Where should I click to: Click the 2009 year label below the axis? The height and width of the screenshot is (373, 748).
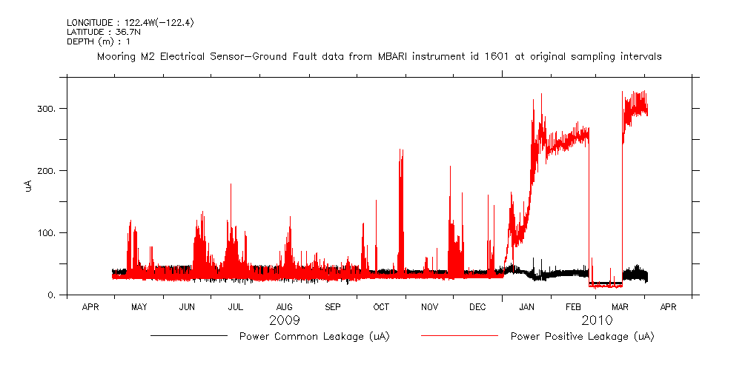pos(284,320)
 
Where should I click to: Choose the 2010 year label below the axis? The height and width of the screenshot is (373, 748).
pos(597,320)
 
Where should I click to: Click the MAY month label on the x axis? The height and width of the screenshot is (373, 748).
pos(139,306)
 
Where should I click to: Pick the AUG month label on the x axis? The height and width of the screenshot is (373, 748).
pos(284,306)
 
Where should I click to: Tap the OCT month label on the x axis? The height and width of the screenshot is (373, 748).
pos(381,306)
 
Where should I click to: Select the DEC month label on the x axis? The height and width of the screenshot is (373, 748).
pos(477,306)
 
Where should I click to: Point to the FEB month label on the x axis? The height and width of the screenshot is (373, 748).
pos(575,306)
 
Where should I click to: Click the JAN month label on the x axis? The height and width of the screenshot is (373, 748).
pos(526,306)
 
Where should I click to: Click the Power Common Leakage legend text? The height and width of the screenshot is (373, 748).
pos(314,337)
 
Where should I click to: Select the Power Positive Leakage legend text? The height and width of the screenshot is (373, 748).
pos(582,337)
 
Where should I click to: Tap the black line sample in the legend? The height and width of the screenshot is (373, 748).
pos(188,336)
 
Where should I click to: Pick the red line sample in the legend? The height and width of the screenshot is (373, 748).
pos(459,336)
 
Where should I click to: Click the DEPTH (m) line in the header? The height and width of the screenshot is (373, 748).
pos(99,41)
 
